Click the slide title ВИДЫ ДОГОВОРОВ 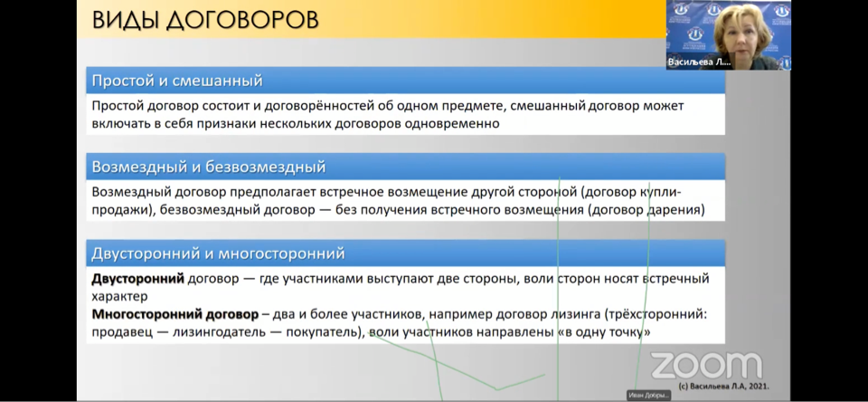(x=205, y=20)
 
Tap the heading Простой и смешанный (x=176, y=81)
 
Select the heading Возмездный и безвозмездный (x=208, y=167)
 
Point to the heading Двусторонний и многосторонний (x=218, y=254)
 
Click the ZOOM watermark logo (x=706, y=366)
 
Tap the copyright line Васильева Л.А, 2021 (x=723, y=386)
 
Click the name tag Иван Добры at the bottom (x=649, y=396)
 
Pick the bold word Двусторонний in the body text (x=137, y=278)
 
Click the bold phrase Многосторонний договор (x=175, y=315)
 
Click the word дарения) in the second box (x=675, y=211)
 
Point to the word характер (x=119, y=297)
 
